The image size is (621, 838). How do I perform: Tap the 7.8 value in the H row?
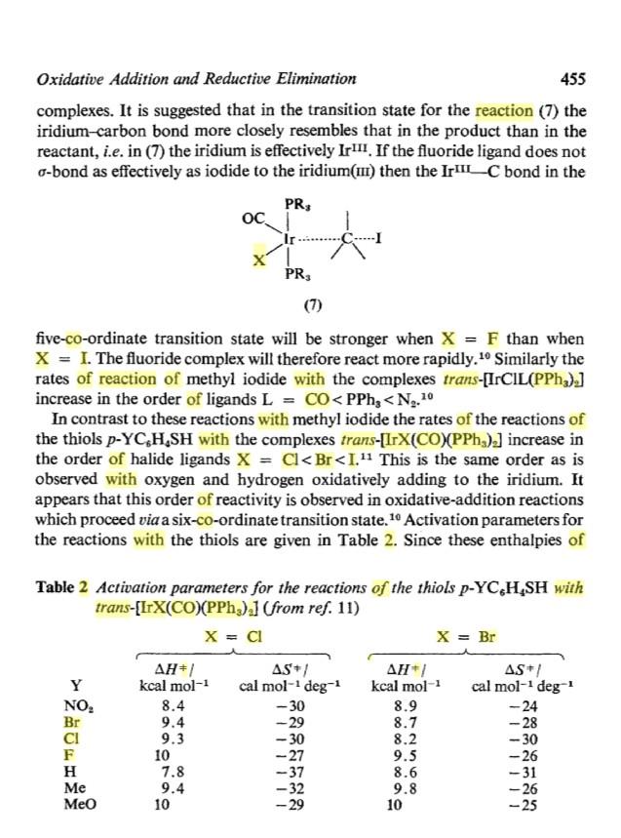(172, 771)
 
